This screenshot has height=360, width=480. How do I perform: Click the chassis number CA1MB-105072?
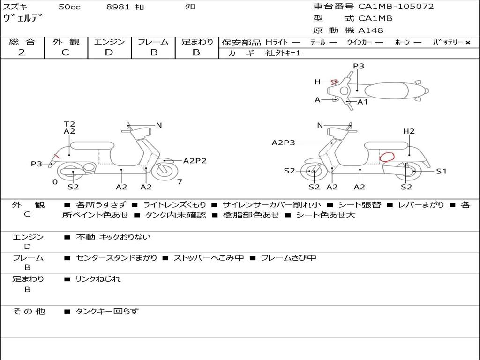point(396,7)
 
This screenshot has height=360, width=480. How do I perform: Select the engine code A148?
point(371,30)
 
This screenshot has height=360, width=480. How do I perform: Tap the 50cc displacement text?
point(69,7)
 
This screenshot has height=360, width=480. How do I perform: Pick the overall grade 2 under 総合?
point(22,52)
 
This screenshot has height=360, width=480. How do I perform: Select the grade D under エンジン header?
point(109,52)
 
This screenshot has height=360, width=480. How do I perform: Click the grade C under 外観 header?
point(65,52)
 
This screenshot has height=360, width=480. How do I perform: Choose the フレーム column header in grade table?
point(153,42)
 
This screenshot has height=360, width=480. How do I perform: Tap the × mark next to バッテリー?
point(467,43)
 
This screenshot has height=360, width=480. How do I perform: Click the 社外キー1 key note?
point(283,53)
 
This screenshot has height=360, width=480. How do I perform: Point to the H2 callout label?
point(409,131)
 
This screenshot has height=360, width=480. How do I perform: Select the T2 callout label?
point(69,124)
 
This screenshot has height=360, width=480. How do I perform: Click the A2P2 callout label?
point(195,161)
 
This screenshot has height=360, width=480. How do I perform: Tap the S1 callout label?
point(441,171)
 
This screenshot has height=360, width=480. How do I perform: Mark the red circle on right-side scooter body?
point(387,157)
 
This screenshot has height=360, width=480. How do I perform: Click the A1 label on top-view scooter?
point(363,102)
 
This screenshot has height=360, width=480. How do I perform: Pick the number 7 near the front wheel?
point(180,181)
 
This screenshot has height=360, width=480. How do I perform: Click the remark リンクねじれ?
point(98,279)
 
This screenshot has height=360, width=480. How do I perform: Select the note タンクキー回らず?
point(107,311)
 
